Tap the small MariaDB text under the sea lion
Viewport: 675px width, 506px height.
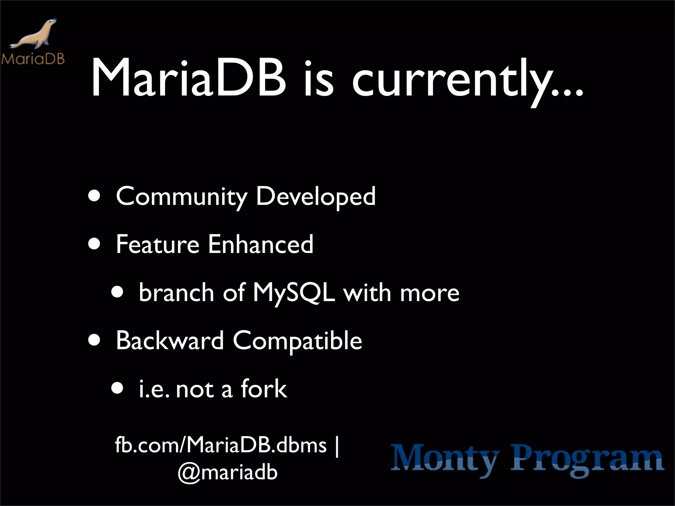point(33,59)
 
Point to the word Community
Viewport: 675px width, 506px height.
point(181,197)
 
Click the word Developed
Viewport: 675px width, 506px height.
point(316,197)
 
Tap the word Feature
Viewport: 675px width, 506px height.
point(158,244)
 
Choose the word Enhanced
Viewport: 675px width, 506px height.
point(261,244)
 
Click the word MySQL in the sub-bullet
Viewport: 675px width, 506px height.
point(294,293)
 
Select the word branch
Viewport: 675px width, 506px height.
point(176,293)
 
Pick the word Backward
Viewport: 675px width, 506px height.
point(170,341)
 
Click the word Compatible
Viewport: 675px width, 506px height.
point(298,341)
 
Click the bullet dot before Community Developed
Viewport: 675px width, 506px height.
point(95,197)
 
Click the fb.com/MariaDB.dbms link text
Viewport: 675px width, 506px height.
point(221,445)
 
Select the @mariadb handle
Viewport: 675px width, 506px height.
point(227,472)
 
